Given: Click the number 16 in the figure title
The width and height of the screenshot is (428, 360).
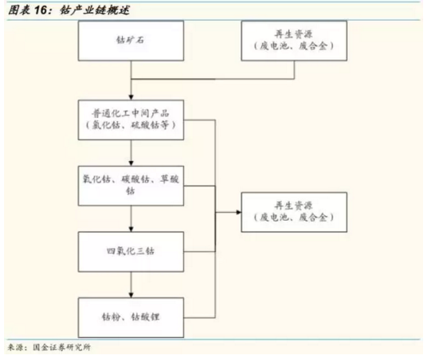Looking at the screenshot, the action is coord(41,11).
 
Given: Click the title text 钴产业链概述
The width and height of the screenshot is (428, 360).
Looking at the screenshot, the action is coord(95,11).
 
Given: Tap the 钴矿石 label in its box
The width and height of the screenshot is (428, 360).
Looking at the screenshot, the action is coord(130,40).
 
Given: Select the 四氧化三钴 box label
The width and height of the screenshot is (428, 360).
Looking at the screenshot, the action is coord(130,251).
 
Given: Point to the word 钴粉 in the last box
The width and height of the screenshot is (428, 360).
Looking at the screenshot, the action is coord(111,317).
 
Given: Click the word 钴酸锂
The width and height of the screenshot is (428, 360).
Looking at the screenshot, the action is coord(145,317).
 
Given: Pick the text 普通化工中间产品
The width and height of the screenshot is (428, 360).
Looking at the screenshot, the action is coord(130,113).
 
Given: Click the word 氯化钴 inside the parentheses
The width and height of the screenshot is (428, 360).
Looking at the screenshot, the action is coord(106,125).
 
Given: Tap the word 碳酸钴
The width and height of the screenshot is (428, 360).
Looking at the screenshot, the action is coord(135,179).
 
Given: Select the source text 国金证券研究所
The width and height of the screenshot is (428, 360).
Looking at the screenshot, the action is coord(61,347).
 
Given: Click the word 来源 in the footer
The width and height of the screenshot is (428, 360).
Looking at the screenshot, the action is coord(16,347).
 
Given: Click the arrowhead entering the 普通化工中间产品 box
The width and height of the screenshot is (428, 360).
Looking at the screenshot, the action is coord(131,97).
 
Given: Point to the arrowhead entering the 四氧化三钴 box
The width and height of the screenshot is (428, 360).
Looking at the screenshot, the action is coord(131,229).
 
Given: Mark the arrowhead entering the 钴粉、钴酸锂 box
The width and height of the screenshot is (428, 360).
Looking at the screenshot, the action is coord(131,295).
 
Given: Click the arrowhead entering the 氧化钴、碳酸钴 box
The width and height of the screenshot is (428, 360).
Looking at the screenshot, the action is coord(131,163).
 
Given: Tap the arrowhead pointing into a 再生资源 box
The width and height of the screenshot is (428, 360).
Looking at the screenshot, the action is coord(239,212).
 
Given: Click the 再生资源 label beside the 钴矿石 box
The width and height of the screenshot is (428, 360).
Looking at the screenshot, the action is coord(294,34).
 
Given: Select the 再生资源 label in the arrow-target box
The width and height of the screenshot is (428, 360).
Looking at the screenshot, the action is coord(294,205).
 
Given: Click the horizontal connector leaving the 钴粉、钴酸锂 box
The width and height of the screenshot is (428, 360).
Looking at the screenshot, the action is coord(200,317).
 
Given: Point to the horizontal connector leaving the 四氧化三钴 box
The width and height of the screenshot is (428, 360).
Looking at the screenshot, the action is coord(200,251).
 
